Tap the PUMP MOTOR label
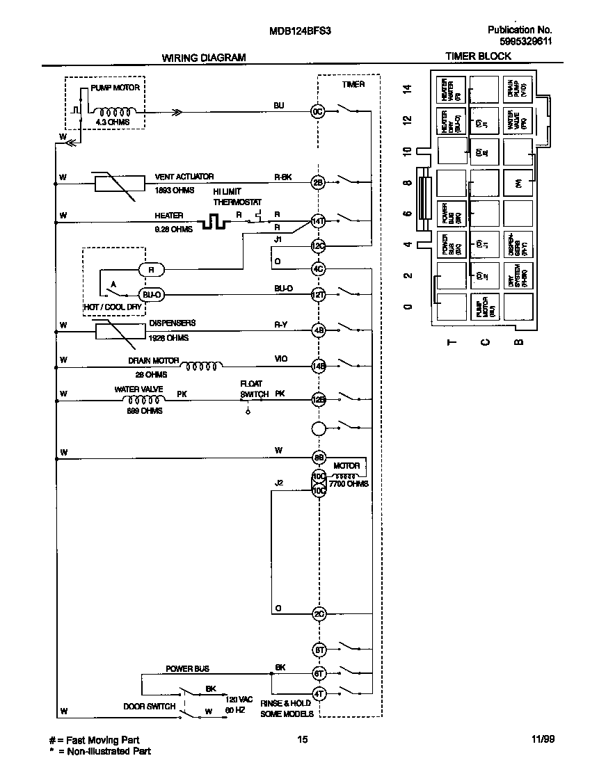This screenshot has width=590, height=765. [x=115, y=88]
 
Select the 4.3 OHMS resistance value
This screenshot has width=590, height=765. [x=112, y=122]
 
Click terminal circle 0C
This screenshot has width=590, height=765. [x=318, y=111]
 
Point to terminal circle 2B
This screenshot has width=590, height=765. [x=318, y=183]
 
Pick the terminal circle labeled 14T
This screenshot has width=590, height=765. [x=318, y=221]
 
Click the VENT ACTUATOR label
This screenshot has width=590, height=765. [x=184, y=177]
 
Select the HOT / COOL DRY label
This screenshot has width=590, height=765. [x=113, y=307]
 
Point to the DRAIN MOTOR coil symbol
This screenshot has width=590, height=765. [x=201, y=365]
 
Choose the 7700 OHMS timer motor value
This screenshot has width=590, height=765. [x=349, y=483]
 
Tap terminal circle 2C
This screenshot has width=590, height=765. [x=318, y=614]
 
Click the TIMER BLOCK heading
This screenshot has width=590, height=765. [x=478, y=56]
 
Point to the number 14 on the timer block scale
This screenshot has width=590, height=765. [x=408, y=88]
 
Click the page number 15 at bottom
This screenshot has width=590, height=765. [x=302, y=740]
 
